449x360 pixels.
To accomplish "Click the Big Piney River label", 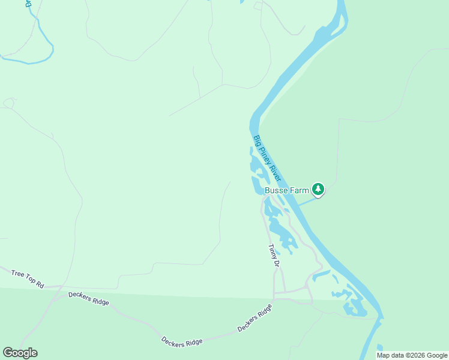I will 267,158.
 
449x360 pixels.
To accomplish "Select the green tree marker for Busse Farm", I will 318,190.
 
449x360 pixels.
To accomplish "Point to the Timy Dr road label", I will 274,255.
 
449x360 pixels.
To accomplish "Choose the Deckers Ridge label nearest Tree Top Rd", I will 89,298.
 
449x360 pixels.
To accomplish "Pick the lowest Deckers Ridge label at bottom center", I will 182,341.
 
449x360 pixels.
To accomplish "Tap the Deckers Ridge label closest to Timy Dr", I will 255,318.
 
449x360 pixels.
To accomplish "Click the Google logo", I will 20,353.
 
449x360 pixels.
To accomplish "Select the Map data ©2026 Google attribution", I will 412,355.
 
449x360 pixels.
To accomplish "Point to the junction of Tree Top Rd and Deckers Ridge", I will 58,289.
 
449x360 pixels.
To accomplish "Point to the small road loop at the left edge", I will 8,103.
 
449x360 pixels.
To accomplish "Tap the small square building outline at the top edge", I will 258,6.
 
